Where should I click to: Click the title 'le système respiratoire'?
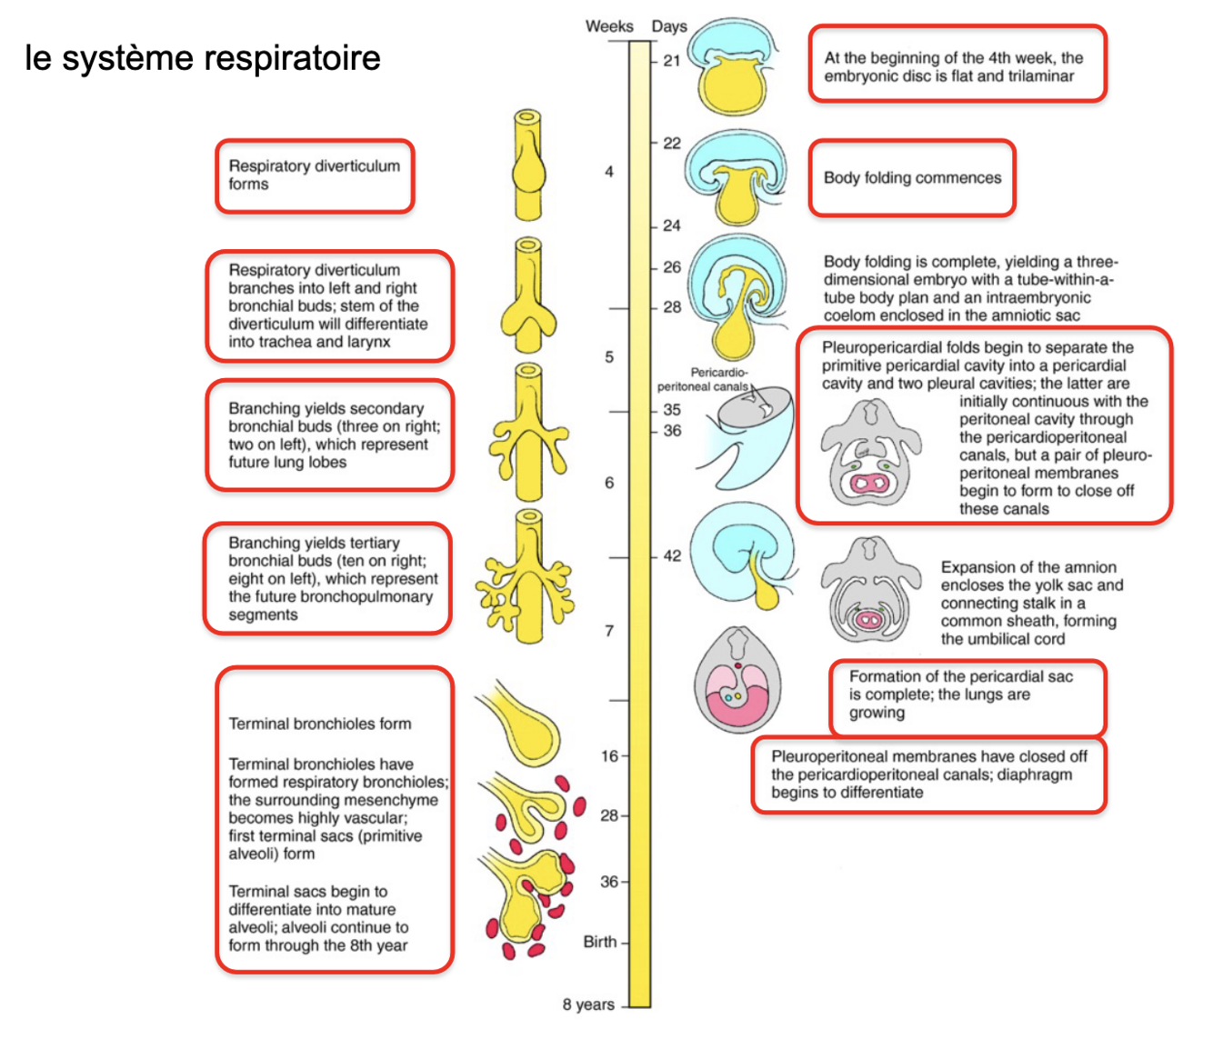click(x=202, y=58)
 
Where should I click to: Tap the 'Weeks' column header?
click(x=608, y=26)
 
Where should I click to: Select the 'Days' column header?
click(x=669, y=26)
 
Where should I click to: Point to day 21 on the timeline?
click(x=672, y=61)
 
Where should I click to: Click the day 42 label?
click(x=672, y=555)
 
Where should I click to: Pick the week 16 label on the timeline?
click(x=608, y=755)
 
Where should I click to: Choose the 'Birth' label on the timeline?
click(x=600, y=942)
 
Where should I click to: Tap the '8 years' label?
click(x=588, y=1004)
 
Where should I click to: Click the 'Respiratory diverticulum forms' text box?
click(x=315, y=175)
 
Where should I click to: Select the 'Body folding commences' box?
click(x=912, y=178)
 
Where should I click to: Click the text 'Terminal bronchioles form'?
click(x=319, y=724)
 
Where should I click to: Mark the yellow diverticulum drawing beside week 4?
click(x=528, y=165)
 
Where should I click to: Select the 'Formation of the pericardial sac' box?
click(x=967, y=695)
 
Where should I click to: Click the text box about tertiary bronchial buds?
click(x=328, y=578)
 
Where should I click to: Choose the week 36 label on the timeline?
click(x=608, y=882)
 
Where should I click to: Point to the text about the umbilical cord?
click(x=1031, y=603)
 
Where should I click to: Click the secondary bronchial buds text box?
click(x=328, y=435)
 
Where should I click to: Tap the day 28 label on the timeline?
click(x=672, y=307)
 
